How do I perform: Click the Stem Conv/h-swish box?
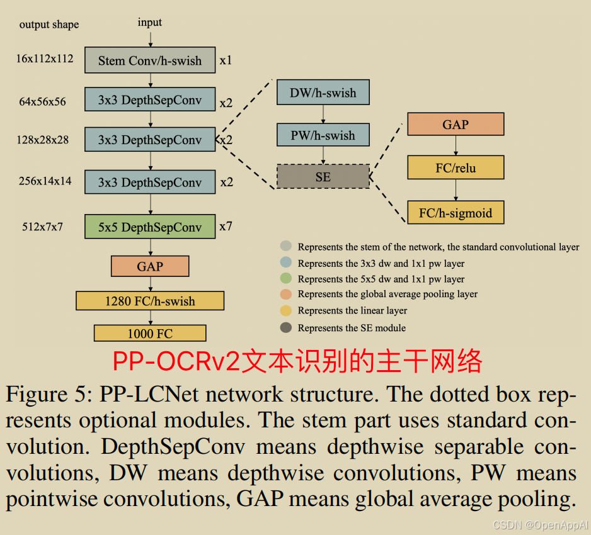(x=150, y=60)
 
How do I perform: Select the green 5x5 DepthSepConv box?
(x=150, y=227)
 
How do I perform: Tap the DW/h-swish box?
(x=323, y=93)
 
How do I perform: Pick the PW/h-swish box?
(x=323, y=135)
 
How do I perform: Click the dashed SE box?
(x=323, y=177)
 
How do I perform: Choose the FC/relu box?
(x=456, y=168)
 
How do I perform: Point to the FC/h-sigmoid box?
(x=456, y=213)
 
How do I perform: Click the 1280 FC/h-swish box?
(x=150, y=301)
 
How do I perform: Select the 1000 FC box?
(x=150, y=333)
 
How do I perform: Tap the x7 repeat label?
(x=226, y=225)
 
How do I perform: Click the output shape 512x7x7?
(x=42, y=227)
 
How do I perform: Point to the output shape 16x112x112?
(x=45, y=59)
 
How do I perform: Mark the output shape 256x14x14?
(x=45, y=181)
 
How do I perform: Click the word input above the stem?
(x=150, y=23)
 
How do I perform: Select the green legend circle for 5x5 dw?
(x=286, y=279)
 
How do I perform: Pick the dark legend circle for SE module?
(x=286, y=328)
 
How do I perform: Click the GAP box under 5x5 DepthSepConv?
(x=150, y=266)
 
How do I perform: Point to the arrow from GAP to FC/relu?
(x=456, y=145)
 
